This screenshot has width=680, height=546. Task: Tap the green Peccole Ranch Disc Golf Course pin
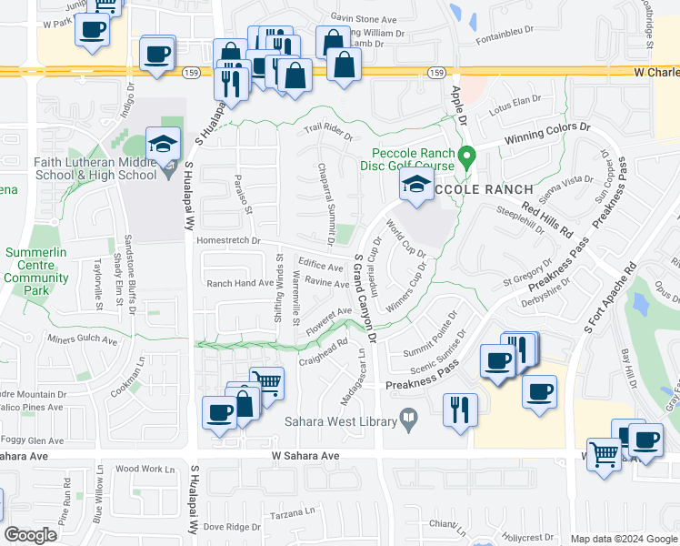pos(467,157)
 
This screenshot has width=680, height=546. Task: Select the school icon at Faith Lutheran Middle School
pos(164,147)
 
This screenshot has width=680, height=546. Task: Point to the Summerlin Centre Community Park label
pos(36,271)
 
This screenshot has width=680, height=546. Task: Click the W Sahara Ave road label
pos(305,455)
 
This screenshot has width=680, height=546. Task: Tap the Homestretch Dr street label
pos(228,241)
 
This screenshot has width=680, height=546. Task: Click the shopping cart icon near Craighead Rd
pos(265,380)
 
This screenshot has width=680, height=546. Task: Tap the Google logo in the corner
pos(30,535)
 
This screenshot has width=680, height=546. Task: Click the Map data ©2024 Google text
pos(624,539)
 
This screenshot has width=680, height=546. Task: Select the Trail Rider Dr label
pos(327,134)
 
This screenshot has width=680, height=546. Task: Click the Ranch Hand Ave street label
pos(240,283)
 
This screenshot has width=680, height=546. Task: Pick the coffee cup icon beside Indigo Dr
pos(158,53)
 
